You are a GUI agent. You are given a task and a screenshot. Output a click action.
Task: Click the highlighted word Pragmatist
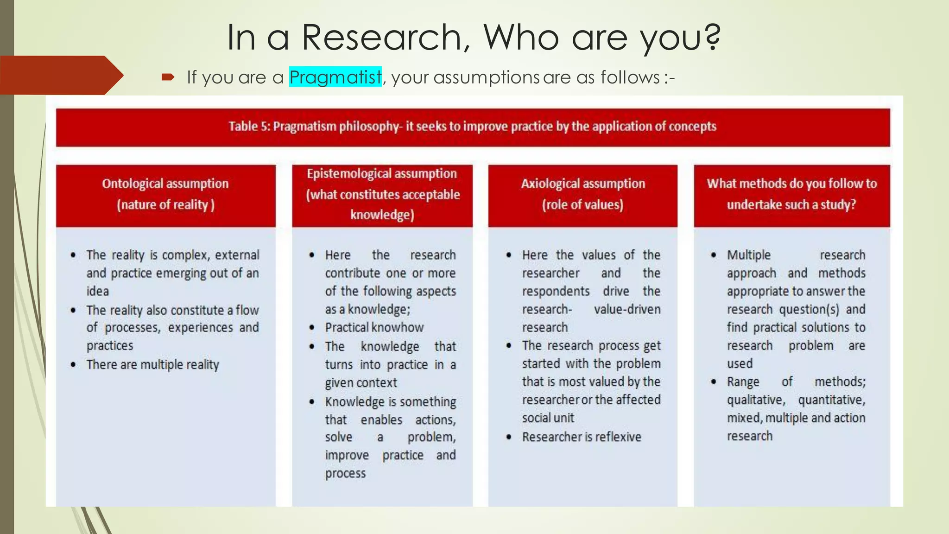click(335, 77)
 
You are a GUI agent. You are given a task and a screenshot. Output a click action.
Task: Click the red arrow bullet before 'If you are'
click(168, 77)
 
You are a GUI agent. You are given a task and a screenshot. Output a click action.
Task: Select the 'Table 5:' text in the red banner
click(249, 127)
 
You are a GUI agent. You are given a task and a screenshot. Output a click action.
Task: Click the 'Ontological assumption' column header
click(165, 184)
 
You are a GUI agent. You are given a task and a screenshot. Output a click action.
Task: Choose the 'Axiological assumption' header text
click(582, 184)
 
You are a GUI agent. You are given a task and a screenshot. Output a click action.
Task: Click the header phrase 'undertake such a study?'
click(791, 204)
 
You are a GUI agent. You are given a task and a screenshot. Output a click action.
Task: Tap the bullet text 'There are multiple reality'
click(152, 365)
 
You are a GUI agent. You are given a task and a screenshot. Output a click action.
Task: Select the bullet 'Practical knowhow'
click(374, 328)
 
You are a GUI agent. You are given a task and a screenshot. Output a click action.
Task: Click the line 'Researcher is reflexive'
click(582, 437)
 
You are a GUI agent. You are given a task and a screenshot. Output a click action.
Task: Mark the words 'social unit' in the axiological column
click(548, 418)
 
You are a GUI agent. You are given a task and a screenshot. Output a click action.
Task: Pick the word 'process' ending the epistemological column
click(345, 473)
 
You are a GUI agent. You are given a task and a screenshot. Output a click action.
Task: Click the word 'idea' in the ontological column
click(97, 291)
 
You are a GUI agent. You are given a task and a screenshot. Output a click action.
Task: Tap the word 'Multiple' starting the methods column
click(748, 255)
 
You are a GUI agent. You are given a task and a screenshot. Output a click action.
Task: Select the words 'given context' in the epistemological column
click(361, 383)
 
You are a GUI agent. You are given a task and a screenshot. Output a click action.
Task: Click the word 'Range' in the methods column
click(743, 382)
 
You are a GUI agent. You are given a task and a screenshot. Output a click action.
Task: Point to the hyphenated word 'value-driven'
click(627, 309)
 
